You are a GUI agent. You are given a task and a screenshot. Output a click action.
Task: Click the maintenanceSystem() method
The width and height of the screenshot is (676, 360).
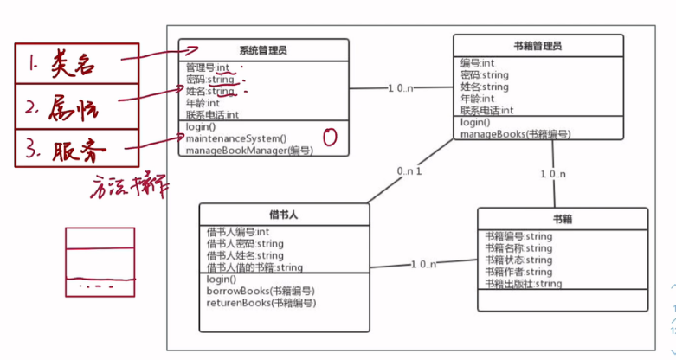tap(235, 138)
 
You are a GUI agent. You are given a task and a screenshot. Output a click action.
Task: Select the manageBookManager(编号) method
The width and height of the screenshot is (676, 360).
tap(248, 151)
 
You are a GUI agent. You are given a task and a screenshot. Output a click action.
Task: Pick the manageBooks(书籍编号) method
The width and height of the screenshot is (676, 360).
tap(515, 134)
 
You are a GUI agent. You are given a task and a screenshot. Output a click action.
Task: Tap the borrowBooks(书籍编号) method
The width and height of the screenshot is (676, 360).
tap(261, 291)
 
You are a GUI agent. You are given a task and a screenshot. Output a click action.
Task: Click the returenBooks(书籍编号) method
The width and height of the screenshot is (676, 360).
tap(261, 303)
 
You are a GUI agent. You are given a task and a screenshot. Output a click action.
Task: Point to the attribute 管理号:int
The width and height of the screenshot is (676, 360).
tap(208, 67)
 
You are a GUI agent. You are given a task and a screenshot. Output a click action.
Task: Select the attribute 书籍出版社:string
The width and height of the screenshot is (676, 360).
tap(524, 284)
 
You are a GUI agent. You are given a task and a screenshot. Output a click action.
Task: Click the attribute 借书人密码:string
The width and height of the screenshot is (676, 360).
tap(245, 244)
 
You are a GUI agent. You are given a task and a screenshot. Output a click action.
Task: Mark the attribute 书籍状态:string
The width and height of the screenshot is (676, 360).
tap(518, 260)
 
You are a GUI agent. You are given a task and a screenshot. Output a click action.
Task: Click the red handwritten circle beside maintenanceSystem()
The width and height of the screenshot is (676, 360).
tap(329, 136)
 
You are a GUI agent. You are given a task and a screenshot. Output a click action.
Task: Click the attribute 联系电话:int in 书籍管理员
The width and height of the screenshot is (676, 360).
tap(486, 110)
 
